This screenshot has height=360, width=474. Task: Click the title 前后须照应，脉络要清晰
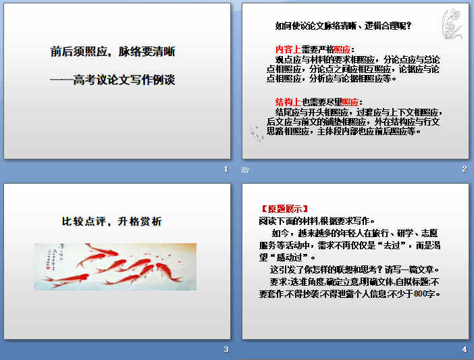tap(113, 51)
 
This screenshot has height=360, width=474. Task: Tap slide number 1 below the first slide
tap(226, 169)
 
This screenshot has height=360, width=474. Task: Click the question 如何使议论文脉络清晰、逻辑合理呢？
tap(343, 26)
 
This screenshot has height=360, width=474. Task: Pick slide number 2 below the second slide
tap(464, 169)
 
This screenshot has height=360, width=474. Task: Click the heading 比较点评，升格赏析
tap(112, 221)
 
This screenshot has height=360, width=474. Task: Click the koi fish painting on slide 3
tap(115, 266)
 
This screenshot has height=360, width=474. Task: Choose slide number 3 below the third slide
tap(226, 349)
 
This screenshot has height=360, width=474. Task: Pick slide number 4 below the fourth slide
tap(464, 349)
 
